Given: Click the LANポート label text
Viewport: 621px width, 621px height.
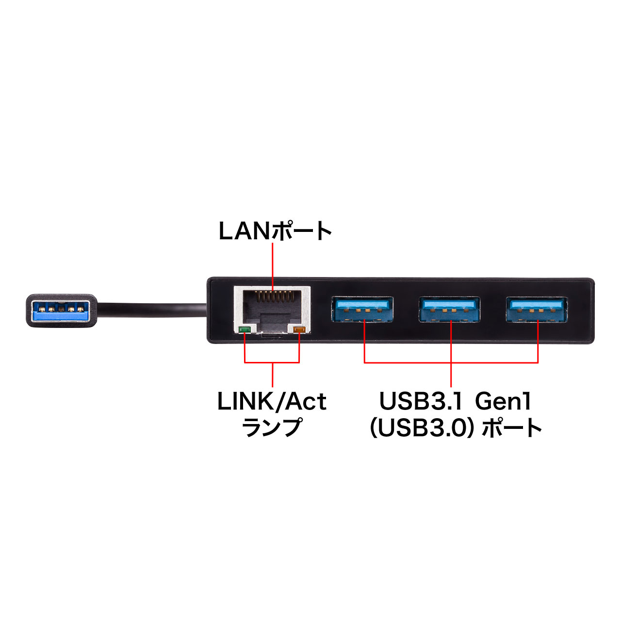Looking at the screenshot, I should tap(275, 231).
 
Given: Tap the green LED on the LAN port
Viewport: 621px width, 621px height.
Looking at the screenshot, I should tap(245, 330).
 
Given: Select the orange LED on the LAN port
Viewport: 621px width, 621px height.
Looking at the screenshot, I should tap(299, 330).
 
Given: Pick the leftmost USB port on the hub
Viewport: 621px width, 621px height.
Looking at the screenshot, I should tap(362, 309).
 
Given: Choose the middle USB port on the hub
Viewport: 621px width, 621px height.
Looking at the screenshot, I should tap(450, 309).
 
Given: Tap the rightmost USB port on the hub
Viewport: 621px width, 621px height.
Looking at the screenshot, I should tap(537, 309).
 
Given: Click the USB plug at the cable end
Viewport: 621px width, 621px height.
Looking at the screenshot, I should tap(60, 310).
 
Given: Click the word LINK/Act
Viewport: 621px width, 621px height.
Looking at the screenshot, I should tap(272, 402).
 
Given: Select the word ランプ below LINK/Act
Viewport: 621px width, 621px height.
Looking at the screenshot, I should tap(272, 427).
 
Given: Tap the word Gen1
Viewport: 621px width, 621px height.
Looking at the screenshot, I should tap(503, 402).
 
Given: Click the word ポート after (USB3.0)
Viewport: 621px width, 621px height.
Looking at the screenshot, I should tap(512, 427).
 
